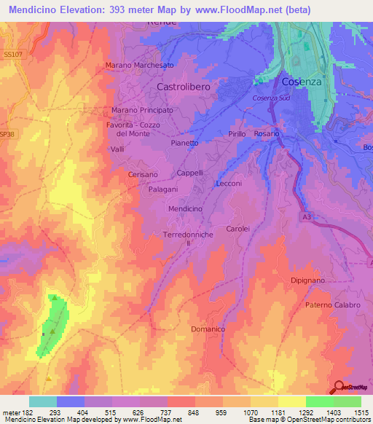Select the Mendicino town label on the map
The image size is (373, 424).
(185, 208)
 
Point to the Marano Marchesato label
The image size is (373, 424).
(140, 66)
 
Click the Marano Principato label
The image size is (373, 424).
(142, 110)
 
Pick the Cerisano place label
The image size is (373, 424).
(142, 175)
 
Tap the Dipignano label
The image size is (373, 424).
(313, 280)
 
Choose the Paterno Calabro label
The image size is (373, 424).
(333, 305)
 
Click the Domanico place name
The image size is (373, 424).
(208, 329)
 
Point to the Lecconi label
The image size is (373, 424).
(229, 184)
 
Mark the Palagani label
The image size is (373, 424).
(164, 189)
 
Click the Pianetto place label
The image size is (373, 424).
(184, 144)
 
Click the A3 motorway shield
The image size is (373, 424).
(305, 216)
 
